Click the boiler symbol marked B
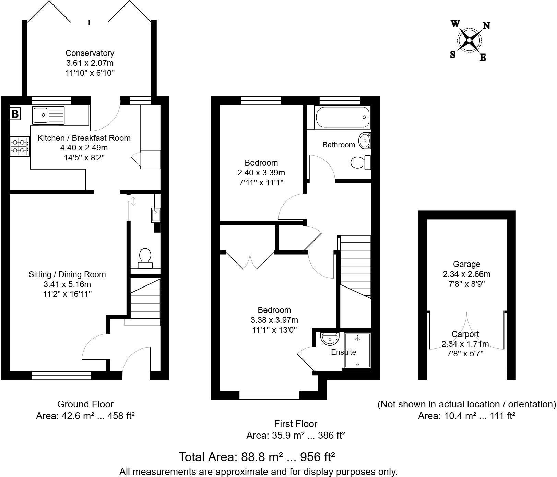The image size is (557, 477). point(15,113)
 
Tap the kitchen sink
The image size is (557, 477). point(48,115)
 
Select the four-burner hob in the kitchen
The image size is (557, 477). point(20,146)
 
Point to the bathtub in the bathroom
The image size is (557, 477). point(342,117)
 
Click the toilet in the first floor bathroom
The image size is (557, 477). point(361,162)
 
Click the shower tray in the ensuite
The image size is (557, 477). point(357,351)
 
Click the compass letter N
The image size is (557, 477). point(486,26)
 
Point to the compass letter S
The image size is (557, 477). point(453,54)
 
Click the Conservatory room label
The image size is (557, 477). point(90,53)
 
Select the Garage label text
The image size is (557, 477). point(466,264)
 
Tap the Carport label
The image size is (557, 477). point(465,334)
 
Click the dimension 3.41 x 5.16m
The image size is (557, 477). point(67,284)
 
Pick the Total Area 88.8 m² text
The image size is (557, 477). point(257,457)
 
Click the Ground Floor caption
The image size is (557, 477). point(85,404)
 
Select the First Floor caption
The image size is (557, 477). point(296,424)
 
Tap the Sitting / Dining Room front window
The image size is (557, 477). point(61,376)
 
